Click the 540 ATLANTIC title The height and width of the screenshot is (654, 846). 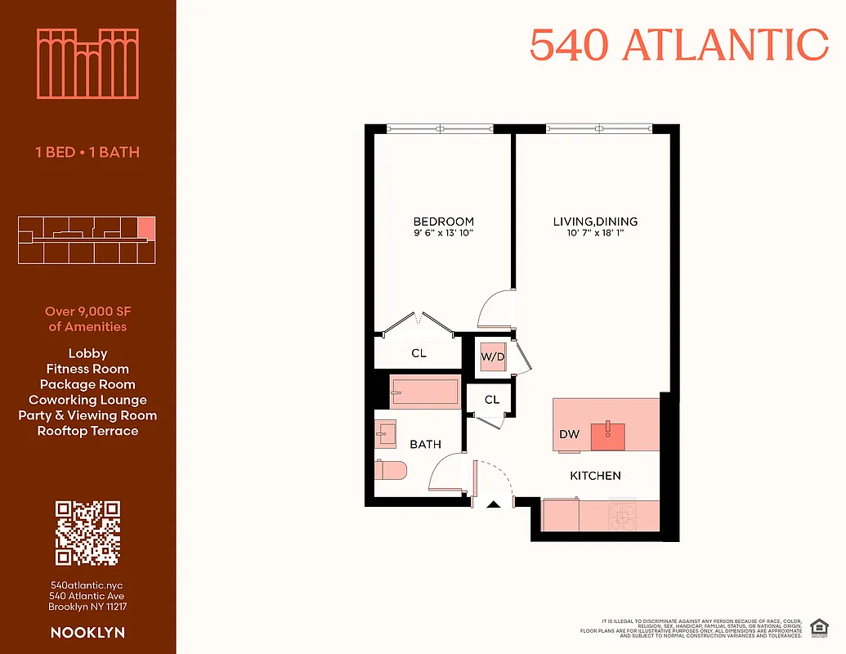678,45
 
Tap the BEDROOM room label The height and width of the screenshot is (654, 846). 443,222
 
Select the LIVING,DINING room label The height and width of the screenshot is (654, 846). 594,222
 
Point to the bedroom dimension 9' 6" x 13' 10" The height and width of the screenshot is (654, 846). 443,234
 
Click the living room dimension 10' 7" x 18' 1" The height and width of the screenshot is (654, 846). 594,234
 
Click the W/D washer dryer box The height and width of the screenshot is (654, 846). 492,356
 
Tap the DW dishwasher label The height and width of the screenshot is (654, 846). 570,434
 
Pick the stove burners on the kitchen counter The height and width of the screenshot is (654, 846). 622,514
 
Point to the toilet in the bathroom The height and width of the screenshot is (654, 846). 391,470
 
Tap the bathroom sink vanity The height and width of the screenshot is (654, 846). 386,432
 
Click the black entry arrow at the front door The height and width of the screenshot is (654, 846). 493,504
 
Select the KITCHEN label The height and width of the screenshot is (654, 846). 595,476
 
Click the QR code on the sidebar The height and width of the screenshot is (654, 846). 87,533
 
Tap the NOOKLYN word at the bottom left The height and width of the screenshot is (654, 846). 87,633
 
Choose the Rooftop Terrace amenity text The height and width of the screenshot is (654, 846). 87,431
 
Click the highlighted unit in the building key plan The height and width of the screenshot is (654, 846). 145,227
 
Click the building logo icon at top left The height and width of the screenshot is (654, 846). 87,64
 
